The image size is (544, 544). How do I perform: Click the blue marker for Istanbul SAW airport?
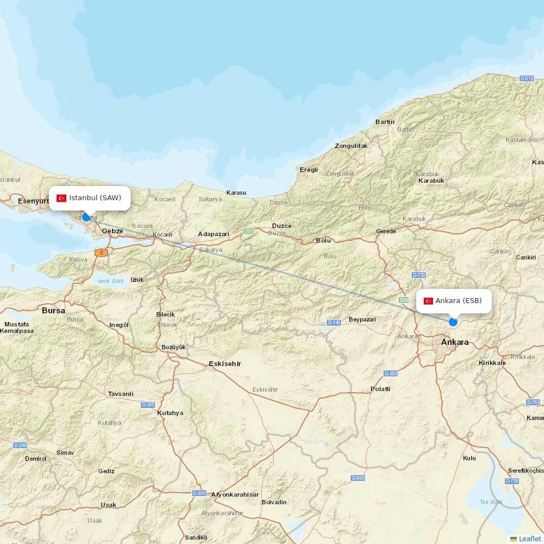[x=86, y=217]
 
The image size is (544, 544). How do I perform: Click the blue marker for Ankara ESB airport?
[x=453, y=322]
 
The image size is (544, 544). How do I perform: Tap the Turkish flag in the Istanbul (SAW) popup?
[x=61, y=198]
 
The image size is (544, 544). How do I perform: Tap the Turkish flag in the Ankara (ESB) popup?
[x=428, y=301]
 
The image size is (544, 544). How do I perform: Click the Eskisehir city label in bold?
[x=225, y=364]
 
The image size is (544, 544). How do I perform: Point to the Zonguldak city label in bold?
[x=351, y=146]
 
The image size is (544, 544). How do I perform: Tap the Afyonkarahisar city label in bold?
[x=235, y=494]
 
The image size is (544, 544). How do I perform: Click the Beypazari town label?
[x=362, y=319]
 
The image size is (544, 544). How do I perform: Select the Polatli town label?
[x=380, y=389]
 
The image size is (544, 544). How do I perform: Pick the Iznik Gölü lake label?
[x=111, y=281]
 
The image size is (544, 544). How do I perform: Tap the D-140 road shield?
[x=334, y=323]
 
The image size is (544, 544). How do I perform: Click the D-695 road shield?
[x=358, y=478]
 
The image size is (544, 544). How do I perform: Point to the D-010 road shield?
[x=527, y=78]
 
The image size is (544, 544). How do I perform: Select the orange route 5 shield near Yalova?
[x=101, y=253]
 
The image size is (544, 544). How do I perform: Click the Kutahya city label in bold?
[x=170, y=413]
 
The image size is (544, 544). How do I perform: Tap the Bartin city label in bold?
[x=385, y=122]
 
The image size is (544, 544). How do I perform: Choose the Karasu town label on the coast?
[x=236, y=193]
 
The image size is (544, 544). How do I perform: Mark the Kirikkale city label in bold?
[x=492, y=363]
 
